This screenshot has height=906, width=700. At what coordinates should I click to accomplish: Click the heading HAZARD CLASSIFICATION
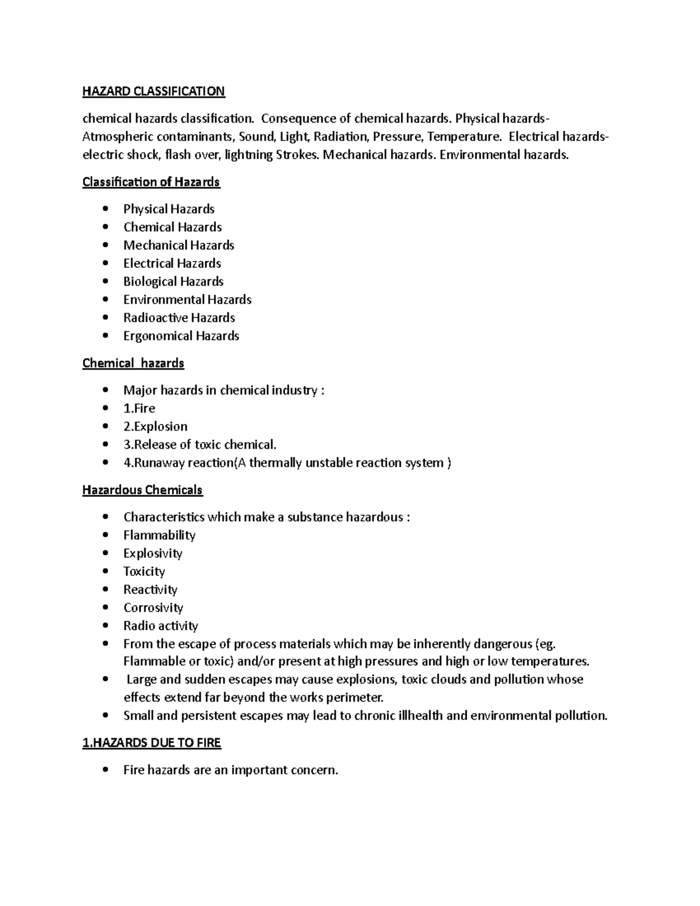click(x=153, y=92)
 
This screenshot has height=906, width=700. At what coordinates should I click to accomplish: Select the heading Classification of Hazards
click(x=151, y=182)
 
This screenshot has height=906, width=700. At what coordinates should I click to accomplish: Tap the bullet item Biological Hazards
click(x=173, y=282)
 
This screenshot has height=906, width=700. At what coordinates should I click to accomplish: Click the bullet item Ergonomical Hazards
click(x=181, y=336)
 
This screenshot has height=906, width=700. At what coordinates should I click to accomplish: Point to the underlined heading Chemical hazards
click(x=133, y=363)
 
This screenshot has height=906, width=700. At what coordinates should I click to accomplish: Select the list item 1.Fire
click(x=139, y=408)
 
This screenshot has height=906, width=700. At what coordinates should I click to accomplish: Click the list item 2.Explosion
click(x=155, y=426)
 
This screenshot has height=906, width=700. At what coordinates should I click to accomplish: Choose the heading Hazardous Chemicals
click(x=142, y=490)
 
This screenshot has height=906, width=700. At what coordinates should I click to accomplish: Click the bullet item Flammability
click(x=159, y=536)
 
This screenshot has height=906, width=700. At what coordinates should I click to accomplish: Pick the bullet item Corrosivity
click(x=153, y=608)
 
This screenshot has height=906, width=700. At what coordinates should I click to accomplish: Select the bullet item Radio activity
click(x=160, y=626)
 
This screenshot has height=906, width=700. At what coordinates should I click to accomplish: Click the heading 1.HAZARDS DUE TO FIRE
click(x=152, y=743)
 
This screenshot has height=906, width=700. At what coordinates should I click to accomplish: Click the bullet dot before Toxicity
click(x=105, y=572)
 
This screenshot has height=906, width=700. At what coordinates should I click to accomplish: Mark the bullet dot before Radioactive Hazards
click(x=105, y=318)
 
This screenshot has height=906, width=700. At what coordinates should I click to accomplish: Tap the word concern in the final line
click(x=315, y=771)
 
